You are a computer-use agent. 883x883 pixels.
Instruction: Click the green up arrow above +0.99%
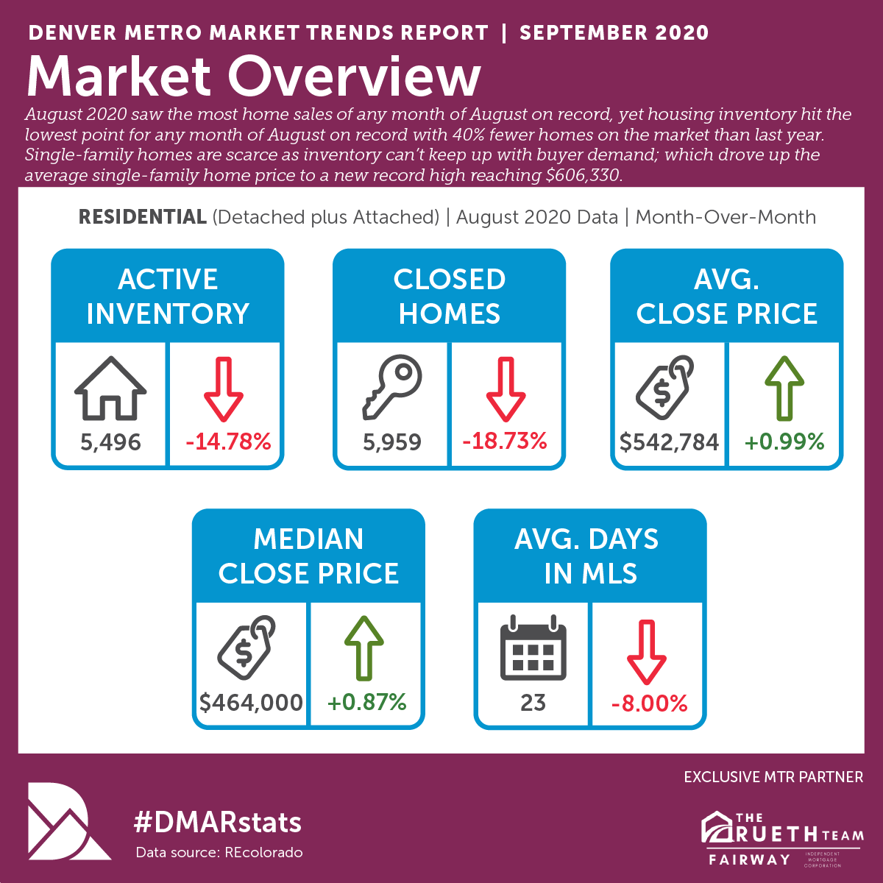(784, 388)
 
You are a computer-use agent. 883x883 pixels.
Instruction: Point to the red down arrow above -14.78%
(223, 389)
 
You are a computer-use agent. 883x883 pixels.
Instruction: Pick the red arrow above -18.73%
(506, 389)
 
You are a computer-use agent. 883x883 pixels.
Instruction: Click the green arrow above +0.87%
(364, 648)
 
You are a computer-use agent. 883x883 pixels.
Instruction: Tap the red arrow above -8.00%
(646, 652)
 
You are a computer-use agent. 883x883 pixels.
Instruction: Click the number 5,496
(110, 442)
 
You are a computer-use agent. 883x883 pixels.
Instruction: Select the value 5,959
(392, 442)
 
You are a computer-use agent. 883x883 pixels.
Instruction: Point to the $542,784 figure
(669, 442)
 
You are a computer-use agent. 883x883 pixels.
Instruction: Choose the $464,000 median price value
(251, 703)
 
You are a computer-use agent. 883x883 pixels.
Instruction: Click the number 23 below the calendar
(533, 703)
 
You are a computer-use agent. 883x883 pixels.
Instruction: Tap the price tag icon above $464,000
(247, 647)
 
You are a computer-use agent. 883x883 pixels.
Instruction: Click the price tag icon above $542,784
(665, 387)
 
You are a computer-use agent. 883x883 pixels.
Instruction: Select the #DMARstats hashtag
(217, 822)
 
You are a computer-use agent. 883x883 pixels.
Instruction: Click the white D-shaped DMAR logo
(68, 821)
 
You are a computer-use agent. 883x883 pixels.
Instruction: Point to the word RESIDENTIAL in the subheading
(143, 217)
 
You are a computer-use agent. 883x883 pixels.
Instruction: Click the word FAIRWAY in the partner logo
(750, 860)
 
